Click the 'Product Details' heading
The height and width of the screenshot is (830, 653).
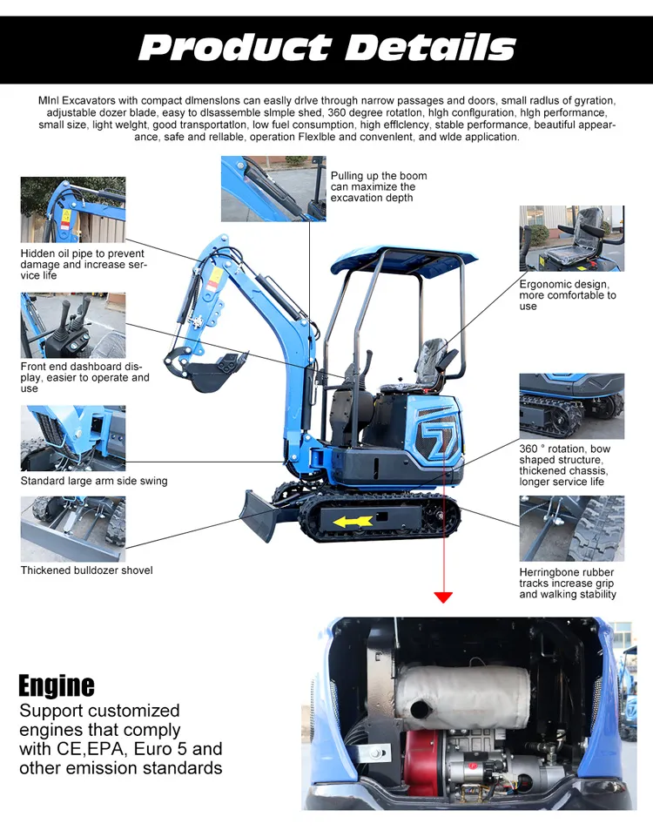[326, 46]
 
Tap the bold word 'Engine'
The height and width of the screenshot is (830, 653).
[57, 685]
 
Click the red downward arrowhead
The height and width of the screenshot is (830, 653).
[443, 597]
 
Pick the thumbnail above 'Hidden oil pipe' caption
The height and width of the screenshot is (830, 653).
[73, 210]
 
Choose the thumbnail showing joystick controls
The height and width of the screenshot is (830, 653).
[73, 325]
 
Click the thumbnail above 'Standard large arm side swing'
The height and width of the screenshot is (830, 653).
[73, 438]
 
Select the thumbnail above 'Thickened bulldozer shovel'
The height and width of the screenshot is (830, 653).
[73, 529]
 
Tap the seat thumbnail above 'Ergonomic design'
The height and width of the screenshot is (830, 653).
[571, 239]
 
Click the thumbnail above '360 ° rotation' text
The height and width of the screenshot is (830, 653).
[571, 406]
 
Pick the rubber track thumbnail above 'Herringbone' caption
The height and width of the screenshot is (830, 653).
[571, 529]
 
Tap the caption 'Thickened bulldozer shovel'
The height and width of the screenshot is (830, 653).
[86, 570]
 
